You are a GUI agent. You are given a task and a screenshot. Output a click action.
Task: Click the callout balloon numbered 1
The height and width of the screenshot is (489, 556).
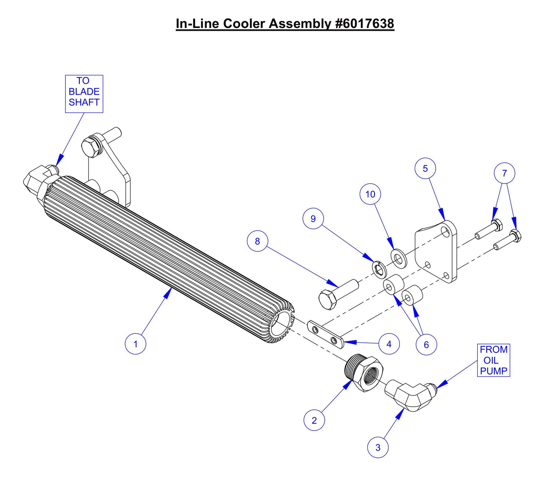click(135, 344)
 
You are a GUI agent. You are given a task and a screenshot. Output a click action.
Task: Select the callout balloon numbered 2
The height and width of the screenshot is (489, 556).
click(314, 420)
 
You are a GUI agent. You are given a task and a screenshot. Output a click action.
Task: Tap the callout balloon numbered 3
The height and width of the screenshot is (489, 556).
click(377, 447)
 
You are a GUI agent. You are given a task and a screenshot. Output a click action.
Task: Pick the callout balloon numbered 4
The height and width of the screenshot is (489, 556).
click(389, 344)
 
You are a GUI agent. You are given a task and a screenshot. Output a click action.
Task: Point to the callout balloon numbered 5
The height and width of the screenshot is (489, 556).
click(425, 169)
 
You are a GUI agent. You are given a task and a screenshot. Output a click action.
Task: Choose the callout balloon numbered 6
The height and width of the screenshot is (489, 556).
click(426, 344)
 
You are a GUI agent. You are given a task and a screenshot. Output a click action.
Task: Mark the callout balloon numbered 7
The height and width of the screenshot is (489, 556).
click(504, 173)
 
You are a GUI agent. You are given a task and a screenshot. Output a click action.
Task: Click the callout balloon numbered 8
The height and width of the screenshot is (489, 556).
click(257, 241)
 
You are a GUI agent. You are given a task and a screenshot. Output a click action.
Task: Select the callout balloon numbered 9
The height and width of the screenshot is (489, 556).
click(313, 219)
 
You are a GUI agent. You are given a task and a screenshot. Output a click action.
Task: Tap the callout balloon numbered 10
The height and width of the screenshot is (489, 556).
click(370, 194)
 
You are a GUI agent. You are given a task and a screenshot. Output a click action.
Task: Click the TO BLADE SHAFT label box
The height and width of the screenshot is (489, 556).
click(84, 93)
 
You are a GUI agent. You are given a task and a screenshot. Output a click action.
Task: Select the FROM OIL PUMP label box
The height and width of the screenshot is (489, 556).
click(493, 360)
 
